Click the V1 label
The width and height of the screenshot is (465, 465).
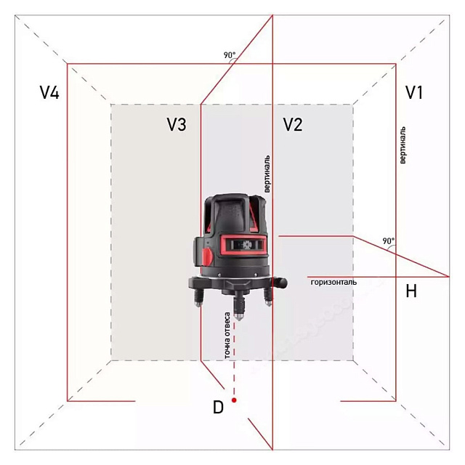point(414,92)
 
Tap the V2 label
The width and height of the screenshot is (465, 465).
point(292,124)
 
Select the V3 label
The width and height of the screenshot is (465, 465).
point(176,125)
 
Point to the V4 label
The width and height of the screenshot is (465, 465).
point(49,92)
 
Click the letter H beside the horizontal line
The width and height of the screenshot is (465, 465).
point(411,291)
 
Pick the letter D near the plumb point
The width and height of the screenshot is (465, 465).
point(217,408)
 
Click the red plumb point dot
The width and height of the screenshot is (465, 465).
point(235,400)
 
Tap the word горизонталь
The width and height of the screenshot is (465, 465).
point(333,282)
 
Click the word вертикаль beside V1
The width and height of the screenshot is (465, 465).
point(403,145)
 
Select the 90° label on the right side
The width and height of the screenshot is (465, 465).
point(388,240)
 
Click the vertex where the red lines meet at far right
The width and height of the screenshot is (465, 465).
point(448,277)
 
